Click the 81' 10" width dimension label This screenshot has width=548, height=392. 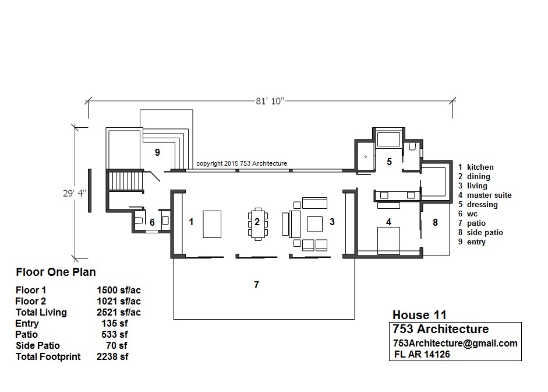click(x=270, y=101)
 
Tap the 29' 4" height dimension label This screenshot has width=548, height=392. click(x=75, y=193)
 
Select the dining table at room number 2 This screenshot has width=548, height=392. click(x=257, y=224)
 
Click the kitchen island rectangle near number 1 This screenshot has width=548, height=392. click(x=212, y=224)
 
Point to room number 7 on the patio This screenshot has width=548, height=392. click(x=256, y=285)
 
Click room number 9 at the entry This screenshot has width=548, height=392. click(x=157, y=152)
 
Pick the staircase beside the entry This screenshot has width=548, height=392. click(x=126, y=181)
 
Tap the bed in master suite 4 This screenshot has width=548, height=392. click(x=388, y=241)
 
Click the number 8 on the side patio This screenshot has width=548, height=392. click(x=435, y=222)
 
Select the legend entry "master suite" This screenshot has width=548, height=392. click(x=489, y=195)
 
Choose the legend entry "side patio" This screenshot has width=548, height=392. click(x=485, y=233)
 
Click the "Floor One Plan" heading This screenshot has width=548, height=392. click(x=56, y=272)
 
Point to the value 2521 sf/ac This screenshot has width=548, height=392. click(x=119, y=312)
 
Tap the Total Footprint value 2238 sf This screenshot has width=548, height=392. click(x=112, y=356)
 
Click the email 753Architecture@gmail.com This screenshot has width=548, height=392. click(x=455, y=344)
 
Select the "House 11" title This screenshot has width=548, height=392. click(x=419, y=315)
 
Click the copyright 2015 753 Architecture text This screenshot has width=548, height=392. click(x=242, y=163)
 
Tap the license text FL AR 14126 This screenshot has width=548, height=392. click(x=422, y=354)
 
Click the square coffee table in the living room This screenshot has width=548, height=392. click(x=315, y=224)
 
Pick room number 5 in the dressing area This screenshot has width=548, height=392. click(x=390, y=162)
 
